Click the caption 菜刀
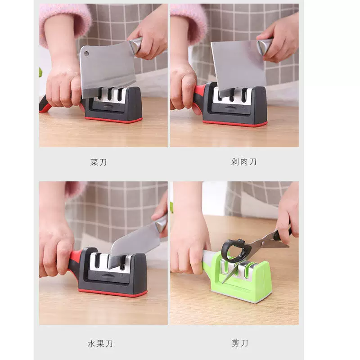pyautogui.click(x=99, y=162)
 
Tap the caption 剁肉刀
pyautogui.click(x=243, y=162)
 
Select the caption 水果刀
pyautogui.click(x=100, y=344)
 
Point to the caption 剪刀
pyautogui.click(x=240, y=343)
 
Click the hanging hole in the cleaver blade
pyautogui.click(x=86, y=54)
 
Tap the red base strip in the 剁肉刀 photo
pyautogui.click(x=235, y=123)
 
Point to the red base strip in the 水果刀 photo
pyautogui.click(x=112, y=293)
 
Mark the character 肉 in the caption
pyautogui.click(x=243, y=162)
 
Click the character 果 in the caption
pyautogui.click(x=100, y=344)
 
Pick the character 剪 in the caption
pyautogui.click(x=235, y=343)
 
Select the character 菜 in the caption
pyautogui.click(x=94, y=162)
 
